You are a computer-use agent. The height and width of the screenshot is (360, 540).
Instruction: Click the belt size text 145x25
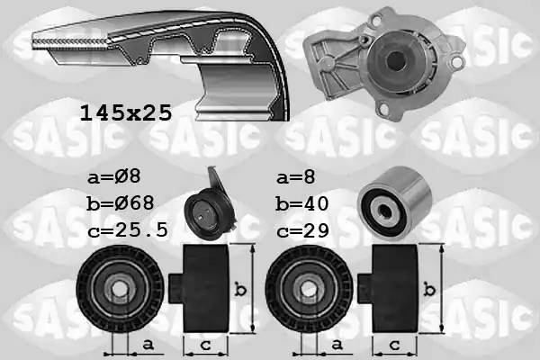coord(126,113)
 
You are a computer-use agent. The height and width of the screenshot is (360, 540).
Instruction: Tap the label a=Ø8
coord(114,177)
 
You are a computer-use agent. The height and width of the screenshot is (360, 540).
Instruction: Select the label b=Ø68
coord(121,203)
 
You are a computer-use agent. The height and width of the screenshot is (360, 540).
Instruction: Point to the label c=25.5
coord(128,230)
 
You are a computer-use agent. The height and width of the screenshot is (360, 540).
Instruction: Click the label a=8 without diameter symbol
coord(296,177)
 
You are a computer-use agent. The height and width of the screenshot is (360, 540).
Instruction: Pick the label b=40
coord(302,203)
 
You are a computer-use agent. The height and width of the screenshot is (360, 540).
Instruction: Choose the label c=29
coord(302,230)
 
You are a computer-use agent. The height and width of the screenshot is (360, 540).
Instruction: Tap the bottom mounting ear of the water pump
coord(384,109)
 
